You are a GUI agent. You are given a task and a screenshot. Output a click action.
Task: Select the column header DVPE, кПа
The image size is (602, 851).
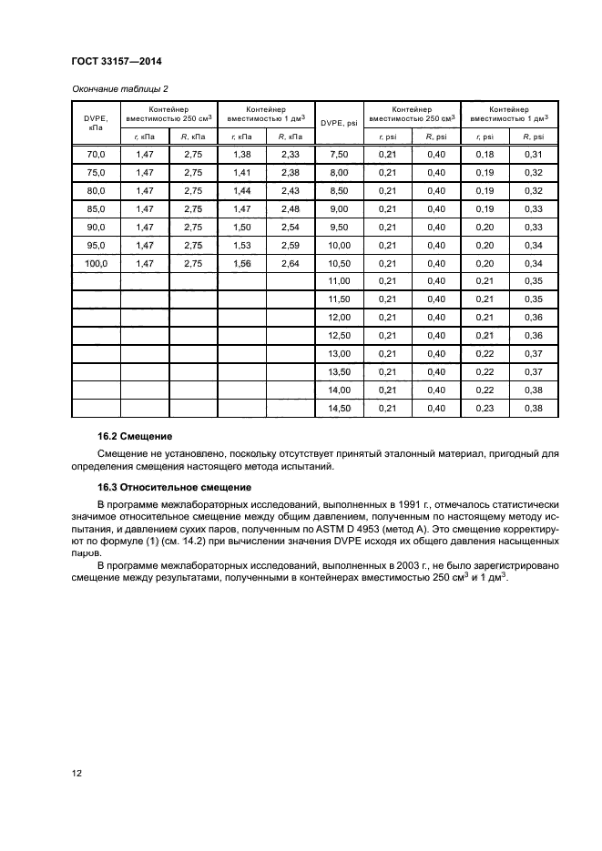[95, 122]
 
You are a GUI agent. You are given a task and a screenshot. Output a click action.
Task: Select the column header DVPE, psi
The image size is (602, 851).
[339, 122]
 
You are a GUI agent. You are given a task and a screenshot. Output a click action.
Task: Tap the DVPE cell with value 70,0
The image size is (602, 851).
[95, 155]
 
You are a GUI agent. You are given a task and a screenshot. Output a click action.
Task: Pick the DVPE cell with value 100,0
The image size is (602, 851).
[95, 263]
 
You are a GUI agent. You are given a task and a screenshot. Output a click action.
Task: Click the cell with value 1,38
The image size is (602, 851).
[241, 155]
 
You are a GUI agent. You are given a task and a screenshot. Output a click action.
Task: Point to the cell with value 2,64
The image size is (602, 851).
[290, 263]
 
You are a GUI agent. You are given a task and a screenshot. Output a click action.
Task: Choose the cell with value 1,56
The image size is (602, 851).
[241, 263]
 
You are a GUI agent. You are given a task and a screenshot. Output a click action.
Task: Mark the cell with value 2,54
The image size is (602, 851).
[290, 227]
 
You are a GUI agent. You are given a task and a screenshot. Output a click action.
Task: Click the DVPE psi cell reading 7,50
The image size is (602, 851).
[339, 155]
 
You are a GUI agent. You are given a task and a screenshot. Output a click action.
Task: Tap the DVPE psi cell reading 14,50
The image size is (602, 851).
[339, 408]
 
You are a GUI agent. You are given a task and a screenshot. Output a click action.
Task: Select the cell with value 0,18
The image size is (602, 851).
[485, 155]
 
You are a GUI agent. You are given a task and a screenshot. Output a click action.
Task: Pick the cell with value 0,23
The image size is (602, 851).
[485, 408]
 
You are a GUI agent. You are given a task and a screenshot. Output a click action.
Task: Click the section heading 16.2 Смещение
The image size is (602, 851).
[135, 437]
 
